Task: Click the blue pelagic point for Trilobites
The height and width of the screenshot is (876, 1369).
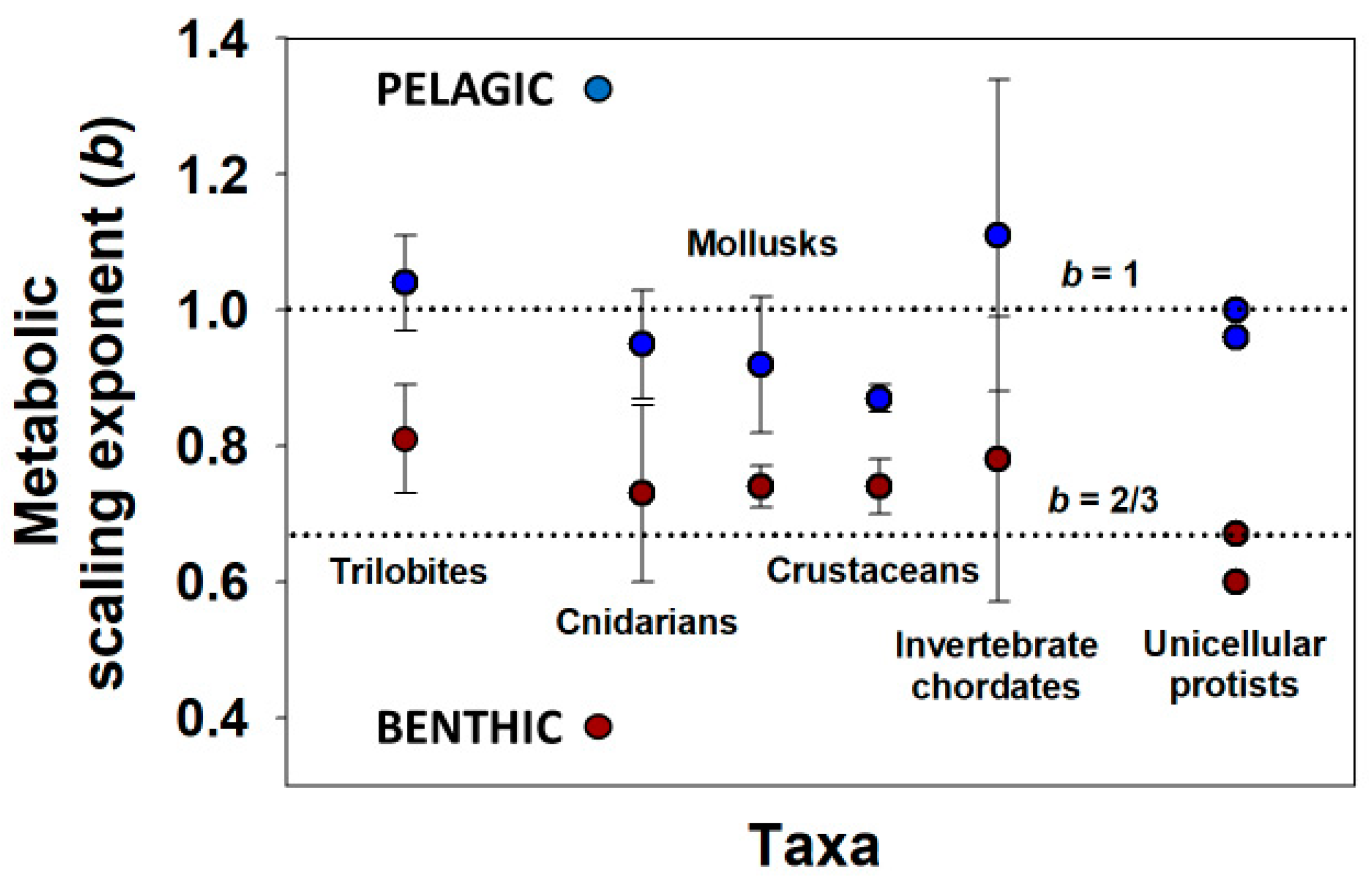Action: pyautogui.click(x=405, y=282)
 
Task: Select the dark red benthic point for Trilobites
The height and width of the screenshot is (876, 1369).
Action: pyautogui.click(x=405, y=439)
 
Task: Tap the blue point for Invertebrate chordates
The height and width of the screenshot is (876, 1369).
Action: pyautogui.click(x=998, y=235)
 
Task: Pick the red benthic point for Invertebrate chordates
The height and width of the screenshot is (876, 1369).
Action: pyautogui.click(x=998, y=459)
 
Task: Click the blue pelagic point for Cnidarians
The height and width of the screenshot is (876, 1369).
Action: pyautogui.click(x=643, y=343)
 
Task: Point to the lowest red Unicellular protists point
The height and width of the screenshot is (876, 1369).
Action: pyautogui.click(x=1236, y=582)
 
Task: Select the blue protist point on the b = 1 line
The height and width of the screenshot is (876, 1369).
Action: pyautogui.click(x=1236, y=309)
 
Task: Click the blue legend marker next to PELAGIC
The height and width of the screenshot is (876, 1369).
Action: pyautogui.click(x=598, y=90)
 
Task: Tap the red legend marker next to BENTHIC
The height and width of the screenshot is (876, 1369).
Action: pyautogui.click(x=598, y=726)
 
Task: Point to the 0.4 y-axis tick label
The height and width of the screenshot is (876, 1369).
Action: pyautogui.click(x=212, y=719)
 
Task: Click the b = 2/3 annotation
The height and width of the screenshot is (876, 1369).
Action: pyautogui.click(x=1103, y=500)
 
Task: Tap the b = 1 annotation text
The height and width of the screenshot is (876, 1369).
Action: pyautogui.click(x=1099, y=275)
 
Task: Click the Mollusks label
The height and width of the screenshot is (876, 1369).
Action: pyautogui.click(x=762, y=244)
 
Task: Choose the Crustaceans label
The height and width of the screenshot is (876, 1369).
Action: pyautogui.click(x=872, y=571)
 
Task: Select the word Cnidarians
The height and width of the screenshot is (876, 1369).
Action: pyautogui.click(x=646, y=622)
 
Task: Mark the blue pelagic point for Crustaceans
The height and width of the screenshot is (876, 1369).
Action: pyautogui.click(x=879, y=398)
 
